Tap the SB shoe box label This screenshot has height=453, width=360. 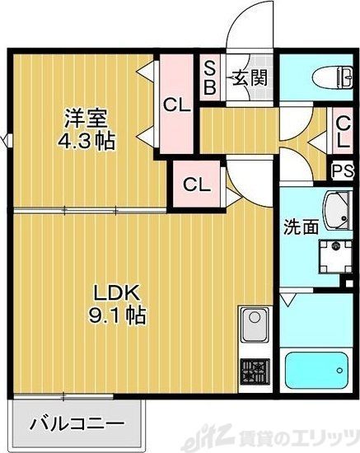click(209, 77)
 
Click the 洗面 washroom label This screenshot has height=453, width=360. click(302, 226)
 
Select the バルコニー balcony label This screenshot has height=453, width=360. click(77, 425)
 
